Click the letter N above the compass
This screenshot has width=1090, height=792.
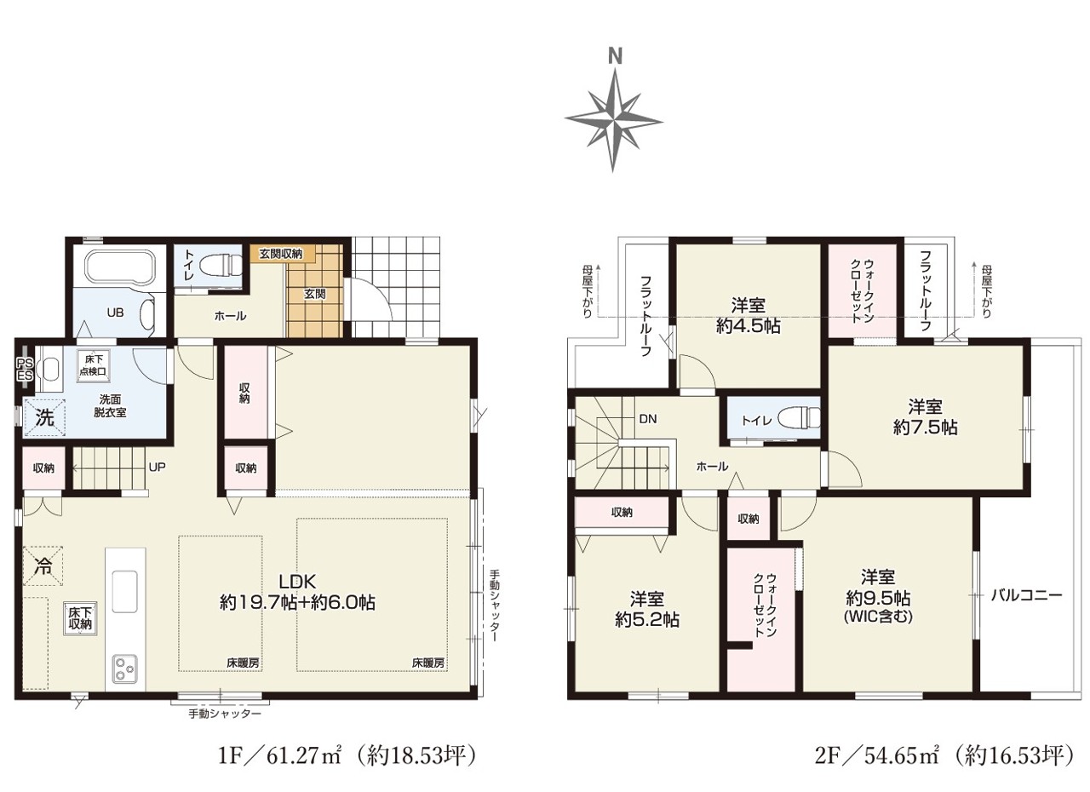point(616,57)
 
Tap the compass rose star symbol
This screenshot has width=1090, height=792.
point(614,120)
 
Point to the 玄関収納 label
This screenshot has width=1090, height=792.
point(280,254)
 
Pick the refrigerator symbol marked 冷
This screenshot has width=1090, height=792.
point(43,565)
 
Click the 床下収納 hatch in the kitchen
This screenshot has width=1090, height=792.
point(79,617)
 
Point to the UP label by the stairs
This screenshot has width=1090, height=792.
point(158,467)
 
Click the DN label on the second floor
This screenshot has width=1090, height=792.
point(648,419)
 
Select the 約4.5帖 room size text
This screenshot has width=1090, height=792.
point(748,326)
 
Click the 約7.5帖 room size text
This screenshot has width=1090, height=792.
point(925,428)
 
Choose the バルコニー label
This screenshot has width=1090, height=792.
point(1027,595)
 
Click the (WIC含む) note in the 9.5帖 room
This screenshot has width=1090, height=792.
point(878,617)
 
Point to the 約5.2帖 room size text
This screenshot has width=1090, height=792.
point(647,619)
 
